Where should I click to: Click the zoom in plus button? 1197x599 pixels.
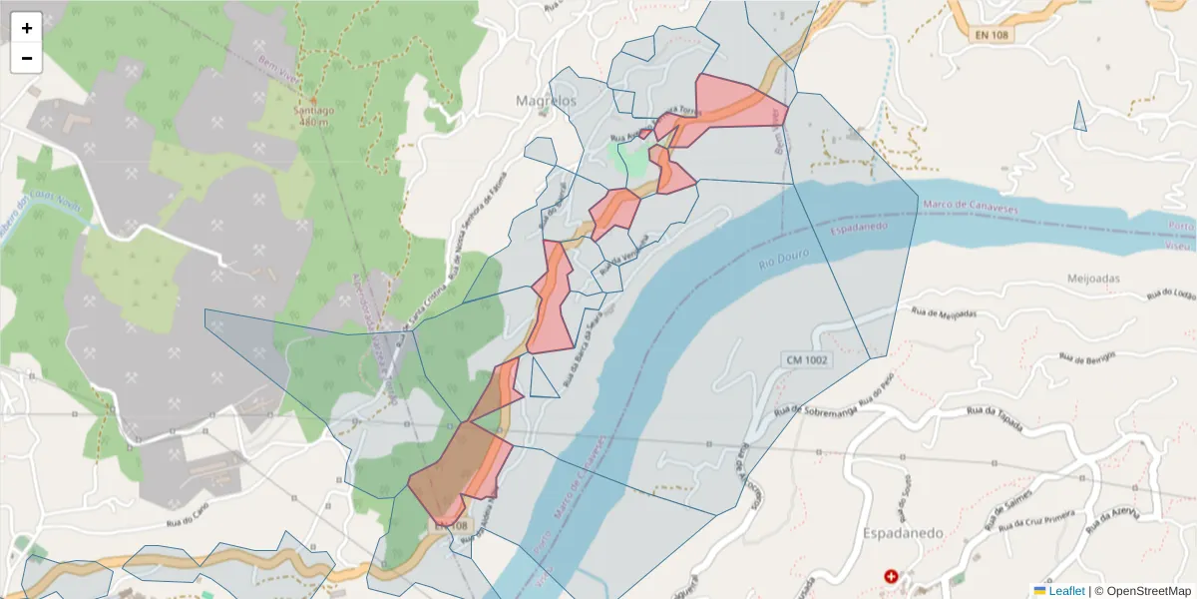pyautogui.click(x=27, y=28)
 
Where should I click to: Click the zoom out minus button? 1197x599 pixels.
pyautogui.click(x=27, y=58)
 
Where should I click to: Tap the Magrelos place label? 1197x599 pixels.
pyautogui.click(x=546, y=101)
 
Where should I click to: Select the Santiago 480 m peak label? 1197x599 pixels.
pyautogui.click(x=313, y=116)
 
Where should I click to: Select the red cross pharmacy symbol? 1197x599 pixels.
pyautogui.click(x=891, y=577)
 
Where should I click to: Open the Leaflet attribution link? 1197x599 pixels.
pyautogui.click(x=1066, y=590)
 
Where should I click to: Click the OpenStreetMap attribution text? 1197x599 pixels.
pyautogui.click(x=1142, y=590)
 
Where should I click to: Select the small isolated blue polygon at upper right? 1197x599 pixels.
pyautogui.click(x=1079, y=118)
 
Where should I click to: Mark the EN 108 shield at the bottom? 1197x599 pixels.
pyautogui.click(x=450, y=525)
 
